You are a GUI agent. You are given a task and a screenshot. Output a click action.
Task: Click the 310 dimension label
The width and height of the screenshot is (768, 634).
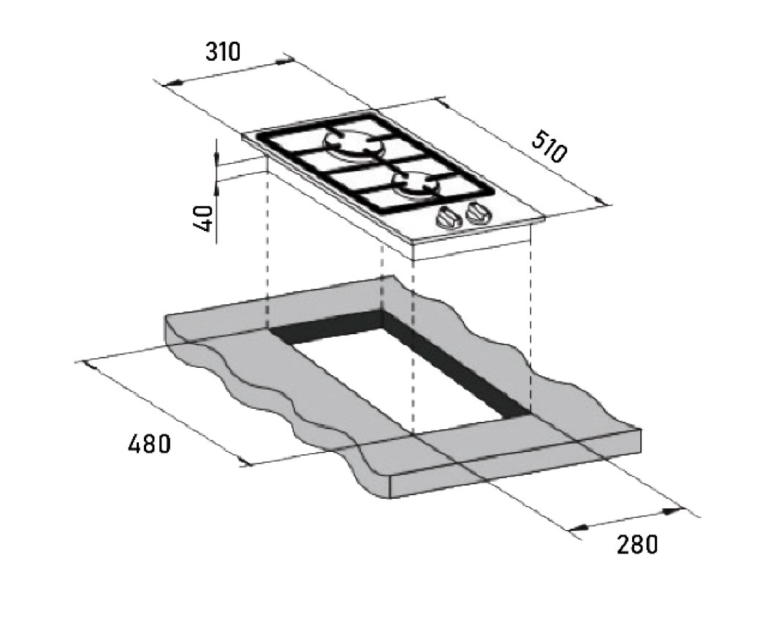pos(223,51)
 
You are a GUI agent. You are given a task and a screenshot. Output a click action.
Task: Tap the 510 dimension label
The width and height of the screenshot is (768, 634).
pos(549,146)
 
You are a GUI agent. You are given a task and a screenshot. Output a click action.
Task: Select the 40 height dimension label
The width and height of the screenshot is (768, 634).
pos(203,218)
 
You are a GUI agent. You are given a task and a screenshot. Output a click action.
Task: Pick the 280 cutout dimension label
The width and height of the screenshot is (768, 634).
pos(636,544)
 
